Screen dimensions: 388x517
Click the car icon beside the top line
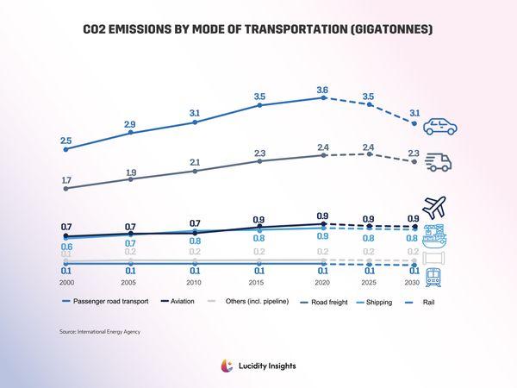tap(439, 127)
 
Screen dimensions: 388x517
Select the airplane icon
tap(436, 208)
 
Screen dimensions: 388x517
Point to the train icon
tap(436, 277)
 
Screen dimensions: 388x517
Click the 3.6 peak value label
tap(323, 89)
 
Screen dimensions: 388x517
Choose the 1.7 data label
tap(66, 179)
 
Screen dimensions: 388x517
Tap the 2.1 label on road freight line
tap(196, 162)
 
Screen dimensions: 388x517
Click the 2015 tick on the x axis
tap(259, 283)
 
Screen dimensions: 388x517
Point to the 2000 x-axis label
tap(66, 283)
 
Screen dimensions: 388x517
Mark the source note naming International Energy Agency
tap(99, 331)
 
